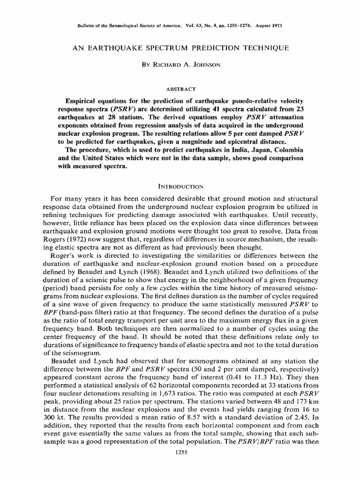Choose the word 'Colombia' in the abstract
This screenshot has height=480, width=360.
[283, 150]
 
